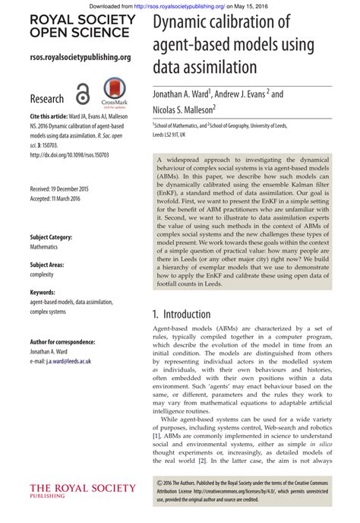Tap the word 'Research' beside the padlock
(x=47, y=99)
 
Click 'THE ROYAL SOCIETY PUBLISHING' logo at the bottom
(x=82, y=490)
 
